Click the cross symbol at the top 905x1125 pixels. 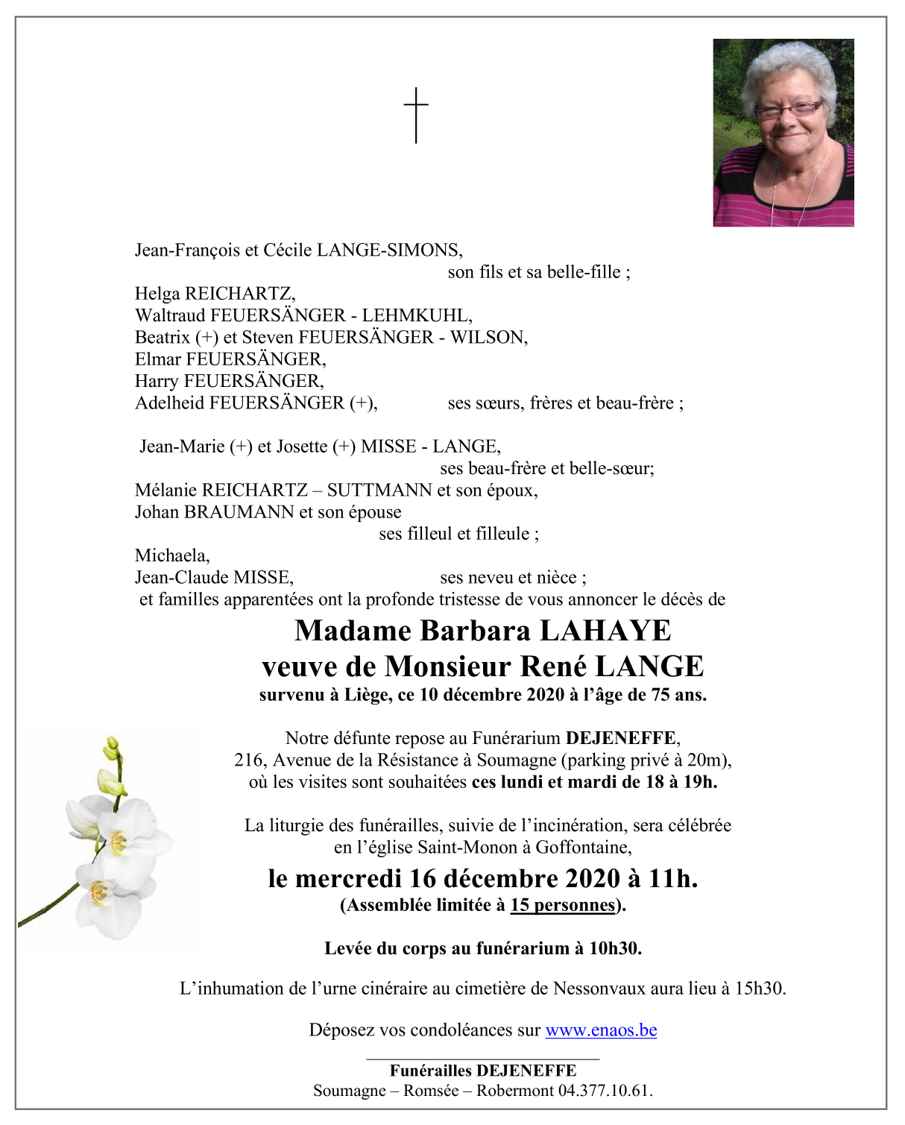(416, 115)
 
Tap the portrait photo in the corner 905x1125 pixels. (783, 133)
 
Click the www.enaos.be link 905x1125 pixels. (601, 1030)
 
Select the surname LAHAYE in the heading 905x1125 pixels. (605, 631)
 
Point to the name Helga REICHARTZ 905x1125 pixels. (215, 294)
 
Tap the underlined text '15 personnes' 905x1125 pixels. (563, 905)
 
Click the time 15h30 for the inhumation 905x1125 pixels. (759, 989)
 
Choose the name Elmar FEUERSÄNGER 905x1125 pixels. (230, 359)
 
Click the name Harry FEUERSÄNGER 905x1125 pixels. (229, 381)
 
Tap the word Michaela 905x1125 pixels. (172, 555)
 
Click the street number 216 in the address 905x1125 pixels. (248, 760)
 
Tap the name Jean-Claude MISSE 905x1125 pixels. (214, 578)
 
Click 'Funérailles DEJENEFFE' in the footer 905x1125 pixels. (482, 1071)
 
